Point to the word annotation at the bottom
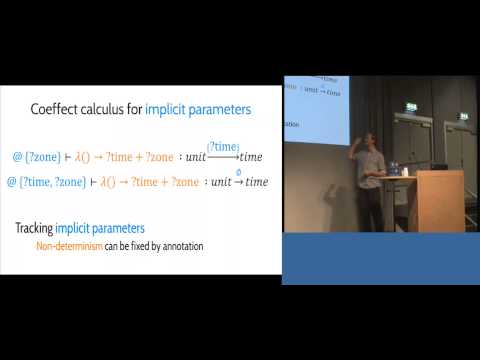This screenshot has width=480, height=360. [180, 246]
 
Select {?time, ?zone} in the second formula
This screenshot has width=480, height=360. [49, 181]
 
